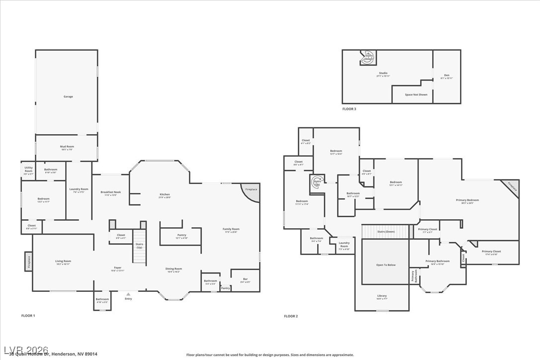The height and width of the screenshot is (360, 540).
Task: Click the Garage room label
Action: (x=68, y=96)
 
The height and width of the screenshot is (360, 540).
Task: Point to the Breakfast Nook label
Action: (x=110, y=193)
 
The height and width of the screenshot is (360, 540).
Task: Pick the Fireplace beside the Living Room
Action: (x=28, y=261)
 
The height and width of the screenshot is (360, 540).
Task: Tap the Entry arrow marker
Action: (x=128, y=294)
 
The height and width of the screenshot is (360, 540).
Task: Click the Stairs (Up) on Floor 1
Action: (x=139, y=246)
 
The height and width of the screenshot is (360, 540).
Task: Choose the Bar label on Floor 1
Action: (x=245, y=280)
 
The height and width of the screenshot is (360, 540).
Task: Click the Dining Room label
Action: (x=174, y=270)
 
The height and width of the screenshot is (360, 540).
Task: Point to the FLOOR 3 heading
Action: (x=349, y=108)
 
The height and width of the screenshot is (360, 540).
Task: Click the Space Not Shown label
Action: (x=416, y=94)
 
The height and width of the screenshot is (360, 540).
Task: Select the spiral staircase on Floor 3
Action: (x=368, y=57)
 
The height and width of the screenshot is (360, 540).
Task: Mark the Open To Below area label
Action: (x=385, y=265)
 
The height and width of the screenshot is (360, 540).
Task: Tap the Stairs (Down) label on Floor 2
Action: (x=386, y=232)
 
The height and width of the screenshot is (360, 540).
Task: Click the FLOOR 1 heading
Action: (x=28, y=316)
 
